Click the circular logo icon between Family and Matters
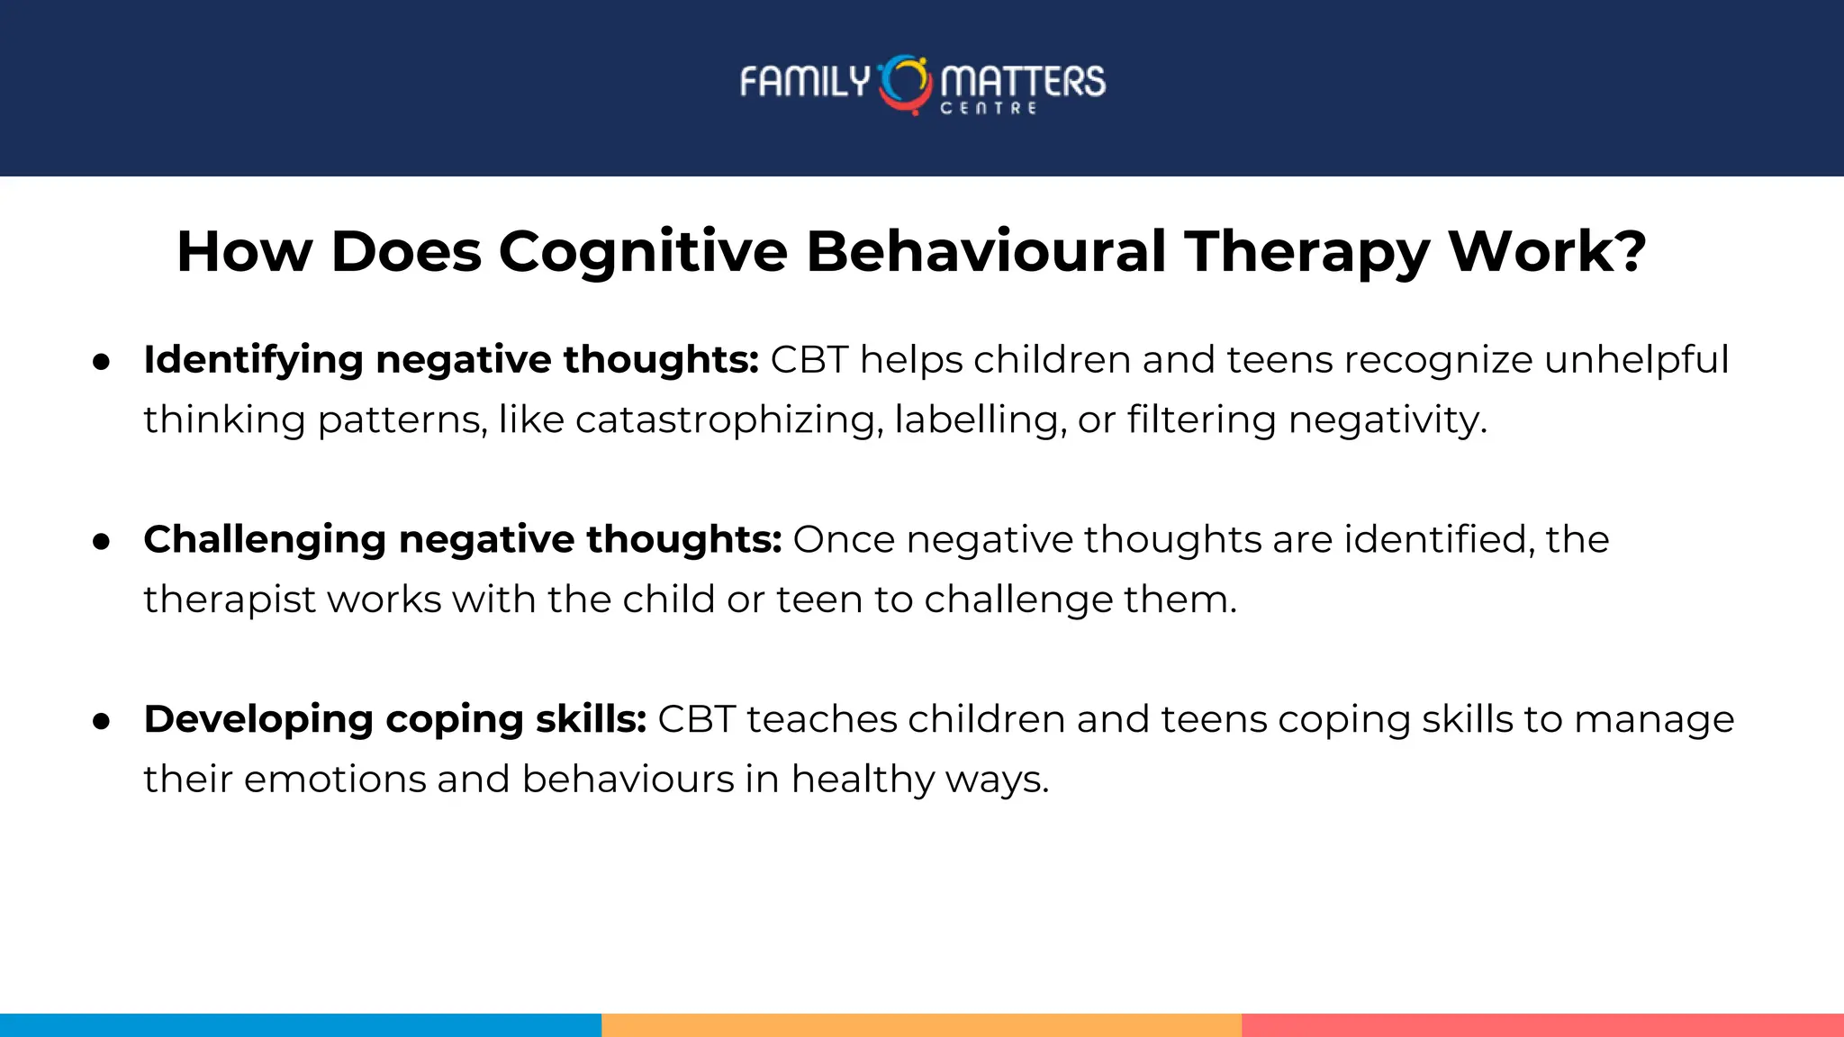(905, 84)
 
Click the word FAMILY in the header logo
(804, 82)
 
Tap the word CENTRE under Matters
(989, 108)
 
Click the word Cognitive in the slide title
(643, 251)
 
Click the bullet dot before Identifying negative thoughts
(102, 362)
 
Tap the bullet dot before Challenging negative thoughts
(102, 542)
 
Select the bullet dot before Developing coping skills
(102, 721)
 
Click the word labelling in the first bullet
(976, 419)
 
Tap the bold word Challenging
(265, 539)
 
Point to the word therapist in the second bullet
(230, 600)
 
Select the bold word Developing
(258, 719)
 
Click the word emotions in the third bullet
(334, 779)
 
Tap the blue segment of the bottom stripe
(300, 1024)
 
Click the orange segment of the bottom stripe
(921, 1024)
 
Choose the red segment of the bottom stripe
(1542, 1024)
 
